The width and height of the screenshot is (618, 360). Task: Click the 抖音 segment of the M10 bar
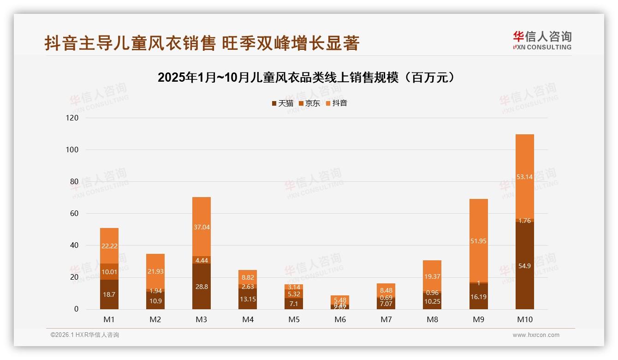click(524, 176)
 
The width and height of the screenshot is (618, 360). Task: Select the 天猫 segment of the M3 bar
click(202, 287)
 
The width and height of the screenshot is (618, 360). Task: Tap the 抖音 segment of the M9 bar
click(478, 240)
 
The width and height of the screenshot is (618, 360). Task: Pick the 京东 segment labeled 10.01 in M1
click(109, 272)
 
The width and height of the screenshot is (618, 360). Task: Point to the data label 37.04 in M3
click(202, 227)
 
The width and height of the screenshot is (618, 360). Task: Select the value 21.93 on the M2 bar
click(155, 271)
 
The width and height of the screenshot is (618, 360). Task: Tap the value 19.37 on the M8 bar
click(432, 276)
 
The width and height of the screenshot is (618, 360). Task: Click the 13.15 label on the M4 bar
click(248, 299)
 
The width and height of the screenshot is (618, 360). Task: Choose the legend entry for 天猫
click(282, 103)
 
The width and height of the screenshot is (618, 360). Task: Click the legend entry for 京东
click(309, 103)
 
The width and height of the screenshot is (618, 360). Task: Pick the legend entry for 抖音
click(336, 103)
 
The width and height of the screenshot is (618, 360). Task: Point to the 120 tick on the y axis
click(73, 118)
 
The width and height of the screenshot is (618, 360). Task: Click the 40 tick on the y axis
click(74, 246)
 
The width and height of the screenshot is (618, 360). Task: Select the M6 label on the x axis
click(340, 319)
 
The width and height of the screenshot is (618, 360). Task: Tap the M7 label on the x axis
click(386, 319)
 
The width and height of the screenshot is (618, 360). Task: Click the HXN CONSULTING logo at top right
click(542, 41)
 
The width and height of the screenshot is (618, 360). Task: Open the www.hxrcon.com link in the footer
click(536, 335)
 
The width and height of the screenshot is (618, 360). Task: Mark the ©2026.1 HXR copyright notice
click(85, 335)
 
